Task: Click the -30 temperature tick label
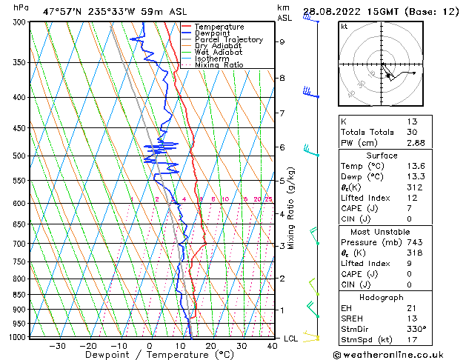tap(56, 345)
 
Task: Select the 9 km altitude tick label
tap(282, 42)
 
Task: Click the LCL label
tap(291, 339)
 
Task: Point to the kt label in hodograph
tap(344, 26)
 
